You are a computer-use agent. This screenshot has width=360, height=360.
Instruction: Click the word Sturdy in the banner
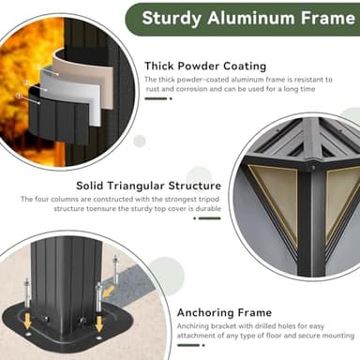click(x=172, y=19)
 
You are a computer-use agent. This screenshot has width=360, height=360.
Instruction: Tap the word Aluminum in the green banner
click(x=251, y=18)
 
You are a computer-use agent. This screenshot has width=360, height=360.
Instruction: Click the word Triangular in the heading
click(x=136, y=186)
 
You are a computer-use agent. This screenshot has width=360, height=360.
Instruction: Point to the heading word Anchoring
click(x=205, y=312)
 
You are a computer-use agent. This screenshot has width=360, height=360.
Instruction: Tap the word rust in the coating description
click(x=153, y=89)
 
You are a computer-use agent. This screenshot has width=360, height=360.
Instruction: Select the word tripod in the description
click(x=210, y=199)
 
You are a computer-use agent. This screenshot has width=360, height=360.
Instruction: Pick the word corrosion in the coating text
click(x=191, y=89)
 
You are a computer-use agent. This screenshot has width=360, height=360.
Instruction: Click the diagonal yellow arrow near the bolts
click(x=108, y=292)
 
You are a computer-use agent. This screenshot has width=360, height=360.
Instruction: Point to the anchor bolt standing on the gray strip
click(x=115, y=268)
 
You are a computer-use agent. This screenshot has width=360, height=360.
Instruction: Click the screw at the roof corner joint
click(x=313, y=167)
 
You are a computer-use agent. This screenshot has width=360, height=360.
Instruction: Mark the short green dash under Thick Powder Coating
click(x=156, y=98)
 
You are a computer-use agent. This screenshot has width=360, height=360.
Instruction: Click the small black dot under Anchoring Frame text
click(x=203, y=345)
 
